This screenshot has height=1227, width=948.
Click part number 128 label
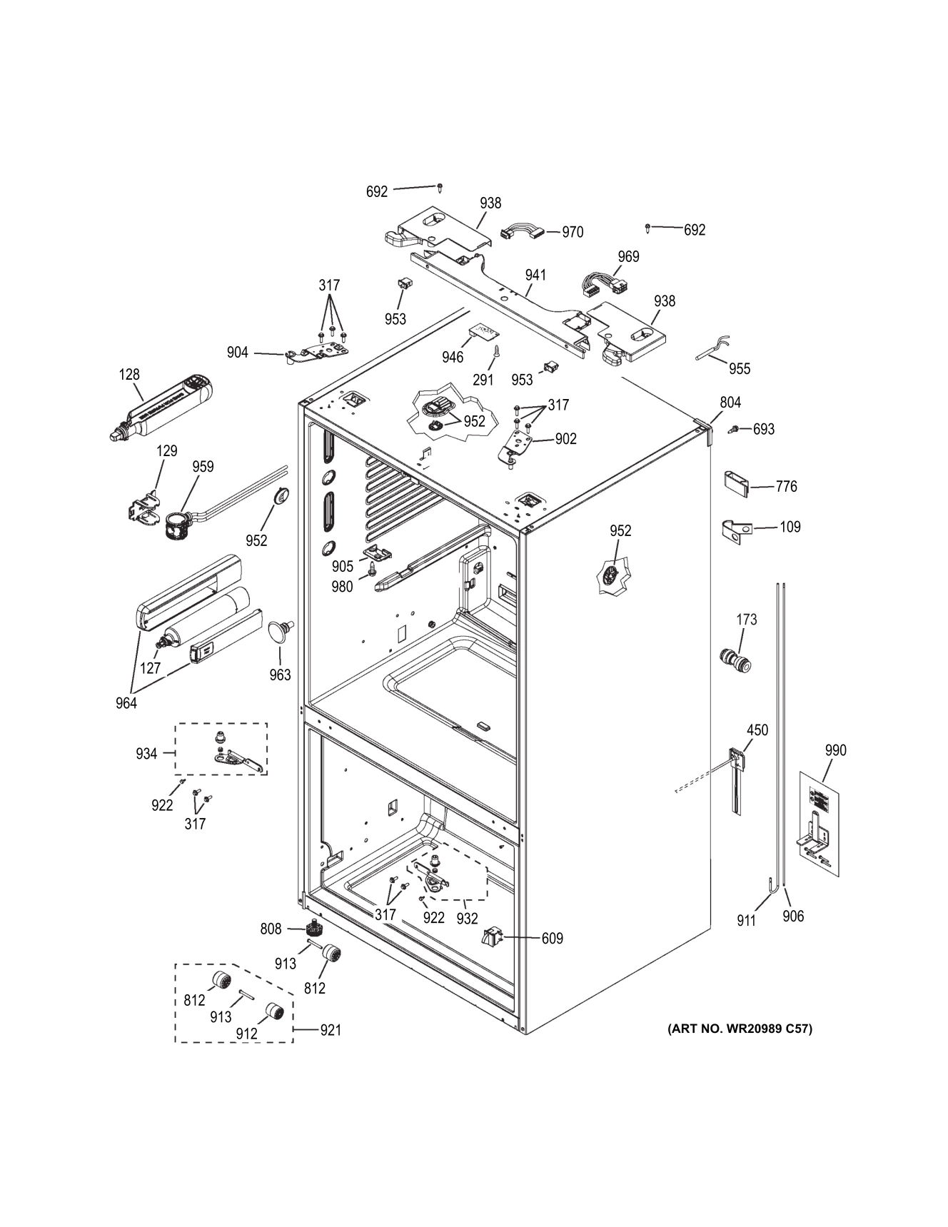click(x=129, y=374)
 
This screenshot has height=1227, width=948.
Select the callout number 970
click(x=573, y=232)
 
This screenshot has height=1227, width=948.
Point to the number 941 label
click(x=535, y=275)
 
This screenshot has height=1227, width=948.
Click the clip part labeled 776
click(x=737, y=484)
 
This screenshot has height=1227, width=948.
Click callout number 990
click(x=835, y=750)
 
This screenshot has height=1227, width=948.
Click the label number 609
click(x=552, y=939)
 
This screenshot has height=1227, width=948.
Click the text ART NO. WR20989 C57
click(x=740, y=1029)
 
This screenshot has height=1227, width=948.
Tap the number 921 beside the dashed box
click(x=330, y=1030)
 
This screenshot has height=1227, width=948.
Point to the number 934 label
click(x=146, y=754)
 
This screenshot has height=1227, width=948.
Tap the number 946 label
click(x=453, y=357)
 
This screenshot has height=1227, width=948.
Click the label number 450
click(x=757, y=730)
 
